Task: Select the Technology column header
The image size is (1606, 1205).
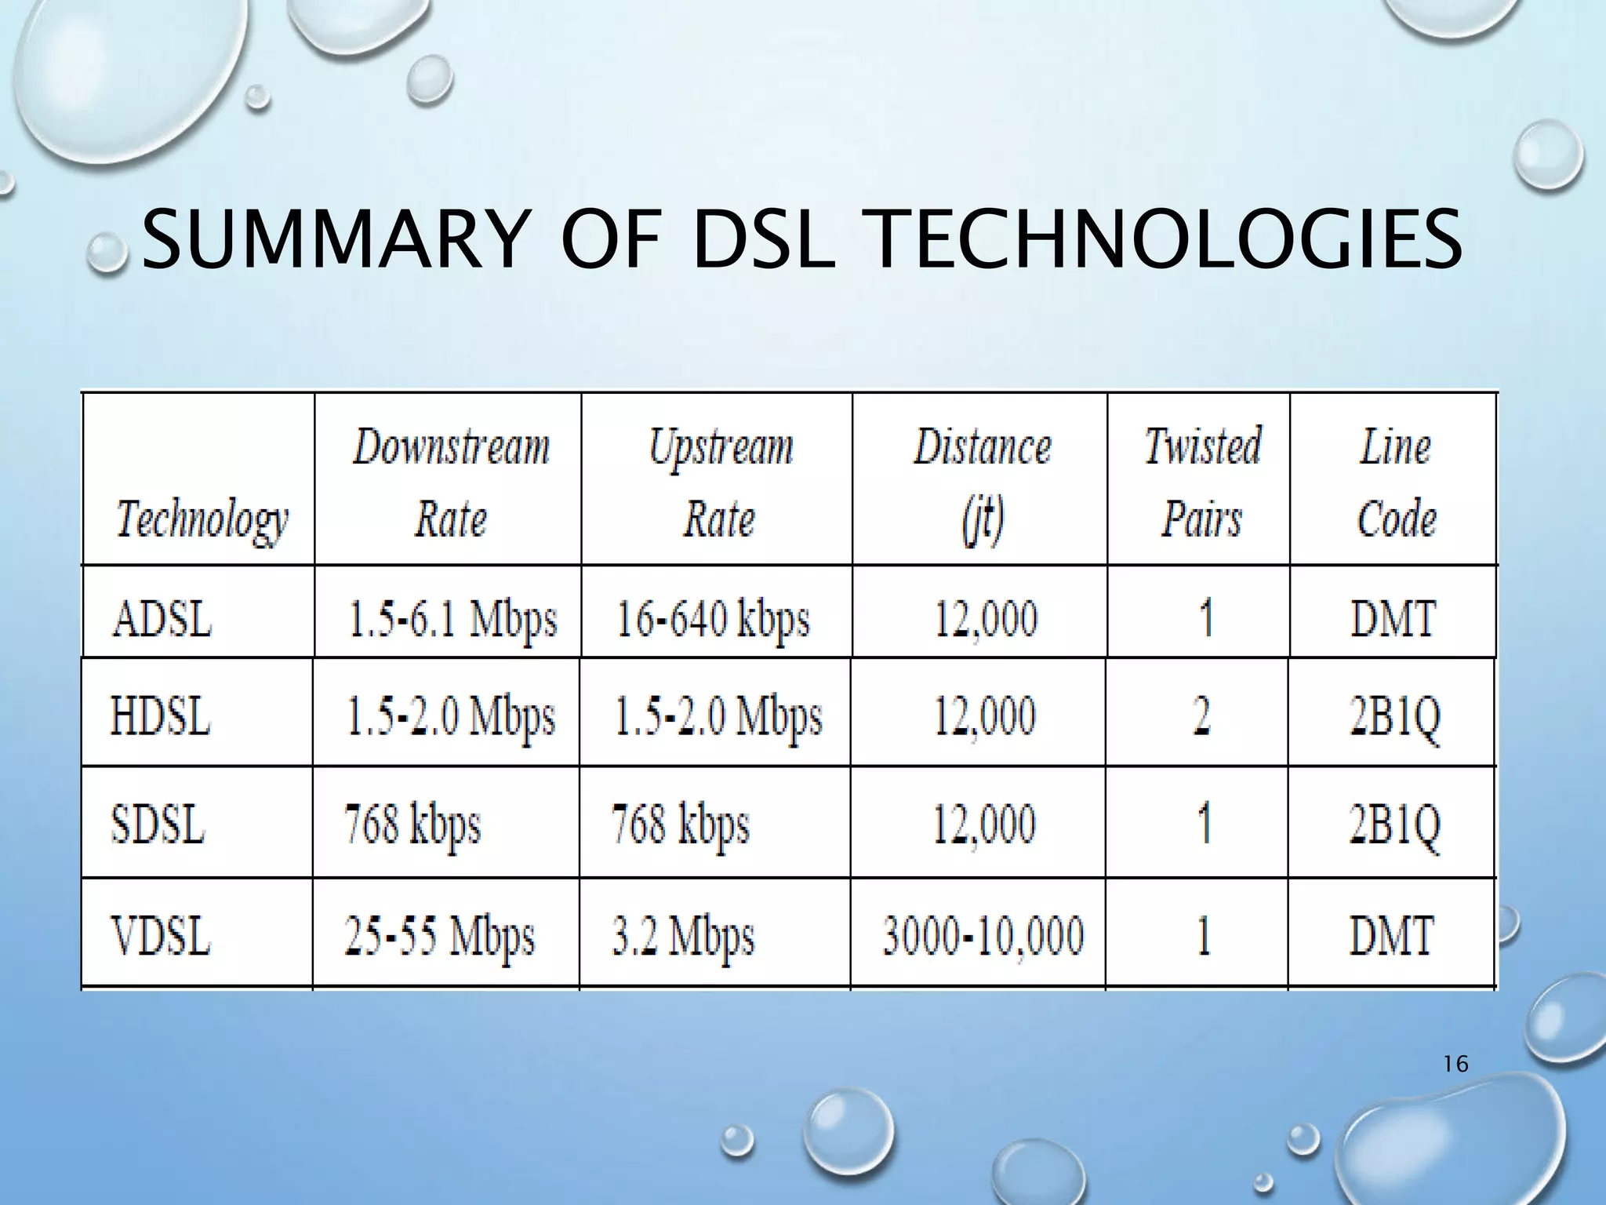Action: click(x=202, y=519)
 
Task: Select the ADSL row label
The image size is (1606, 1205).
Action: click(x=162, y=619)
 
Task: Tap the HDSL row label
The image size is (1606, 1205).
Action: click(x=161, y=717)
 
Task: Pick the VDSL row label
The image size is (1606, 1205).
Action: click(x=161, y=937)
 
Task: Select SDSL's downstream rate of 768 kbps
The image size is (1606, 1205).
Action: click(x=412, y=826)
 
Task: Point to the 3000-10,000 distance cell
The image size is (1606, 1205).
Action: click(x=983, y=937)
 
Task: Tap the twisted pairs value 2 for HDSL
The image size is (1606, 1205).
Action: click(x=1201, y=717)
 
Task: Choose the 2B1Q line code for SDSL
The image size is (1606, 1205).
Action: click(x=1394, y=826)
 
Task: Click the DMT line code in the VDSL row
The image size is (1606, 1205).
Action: click(x=1392, y=937)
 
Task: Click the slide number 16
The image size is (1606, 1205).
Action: click(x=1455, y=1065)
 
